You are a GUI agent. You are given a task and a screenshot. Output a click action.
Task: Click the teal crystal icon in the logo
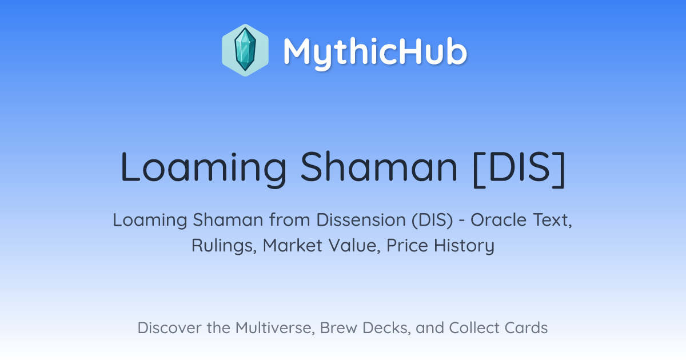click(245, 50)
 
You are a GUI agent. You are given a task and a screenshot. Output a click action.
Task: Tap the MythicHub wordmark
click(375, 52)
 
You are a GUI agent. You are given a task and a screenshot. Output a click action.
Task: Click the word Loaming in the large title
click(204, 169)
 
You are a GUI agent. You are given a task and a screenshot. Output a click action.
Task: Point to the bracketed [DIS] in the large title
click(519, 169)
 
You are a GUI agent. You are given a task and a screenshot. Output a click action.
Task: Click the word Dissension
click(361, 220)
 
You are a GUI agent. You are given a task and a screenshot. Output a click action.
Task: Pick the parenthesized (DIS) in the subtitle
click(432, 221)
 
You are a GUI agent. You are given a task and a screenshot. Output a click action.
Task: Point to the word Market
click(293, 245)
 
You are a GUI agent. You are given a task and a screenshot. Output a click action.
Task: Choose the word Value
click(354, 246)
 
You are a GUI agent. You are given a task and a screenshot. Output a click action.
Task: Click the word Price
click(407, 245)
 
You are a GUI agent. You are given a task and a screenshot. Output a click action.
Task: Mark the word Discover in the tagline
click(169, 328)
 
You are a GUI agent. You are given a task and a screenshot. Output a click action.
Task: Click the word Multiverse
click(275, 328)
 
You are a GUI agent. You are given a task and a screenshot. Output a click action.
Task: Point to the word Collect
click(474, 328)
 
